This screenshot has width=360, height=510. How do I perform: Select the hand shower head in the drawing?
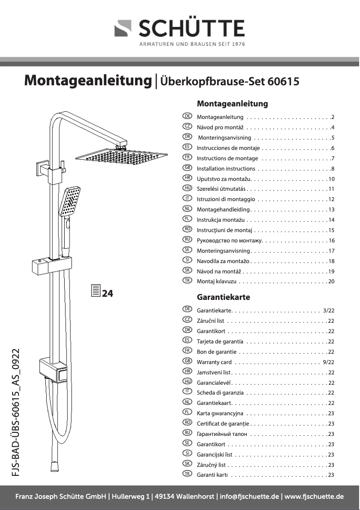point(70,202)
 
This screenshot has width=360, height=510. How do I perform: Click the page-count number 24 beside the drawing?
point(108,294)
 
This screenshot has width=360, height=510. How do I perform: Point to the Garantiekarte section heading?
point(224,297)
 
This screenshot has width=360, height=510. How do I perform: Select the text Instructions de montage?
point(228,158)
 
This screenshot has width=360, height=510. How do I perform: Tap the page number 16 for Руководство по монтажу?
point(332,241)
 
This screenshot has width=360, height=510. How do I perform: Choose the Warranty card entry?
point(214,362)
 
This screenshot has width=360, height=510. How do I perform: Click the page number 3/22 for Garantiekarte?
point(329,310)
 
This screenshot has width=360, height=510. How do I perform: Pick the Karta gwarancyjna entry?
point(220,413)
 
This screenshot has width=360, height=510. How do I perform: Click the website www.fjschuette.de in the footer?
point(314,497)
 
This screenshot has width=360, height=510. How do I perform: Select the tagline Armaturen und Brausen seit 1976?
point(192,44)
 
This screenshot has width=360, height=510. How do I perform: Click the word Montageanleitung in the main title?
point(88,81)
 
